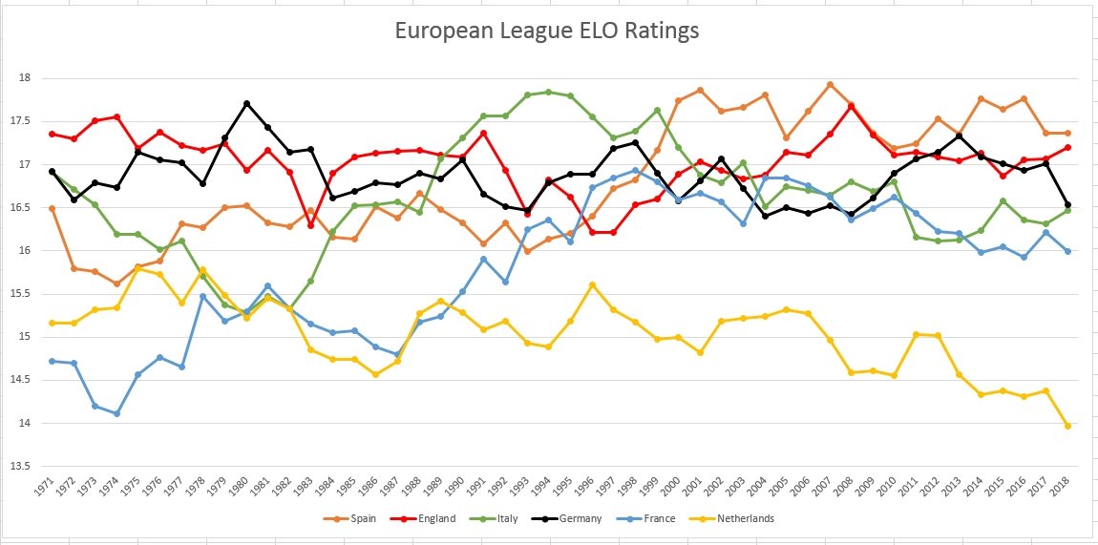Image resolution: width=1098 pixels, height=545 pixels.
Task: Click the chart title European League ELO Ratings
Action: point(547,31)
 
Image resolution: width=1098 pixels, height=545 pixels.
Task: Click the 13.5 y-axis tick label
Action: point(24,467)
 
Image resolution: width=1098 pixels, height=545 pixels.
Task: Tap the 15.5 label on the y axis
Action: point(24,294)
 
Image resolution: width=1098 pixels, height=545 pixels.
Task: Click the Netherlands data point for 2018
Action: point(1067,426)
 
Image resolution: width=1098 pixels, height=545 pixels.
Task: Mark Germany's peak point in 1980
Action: point(246,103)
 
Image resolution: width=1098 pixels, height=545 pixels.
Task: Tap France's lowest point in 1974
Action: point(116,413)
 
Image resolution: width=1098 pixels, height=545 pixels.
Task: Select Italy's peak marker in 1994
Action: point(548,92)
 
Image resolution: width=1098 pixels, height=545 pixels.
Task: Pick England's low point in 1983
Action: point(310,225)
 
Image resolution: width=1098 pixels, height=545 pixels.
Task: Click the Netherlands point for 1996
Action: point(592,284)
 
